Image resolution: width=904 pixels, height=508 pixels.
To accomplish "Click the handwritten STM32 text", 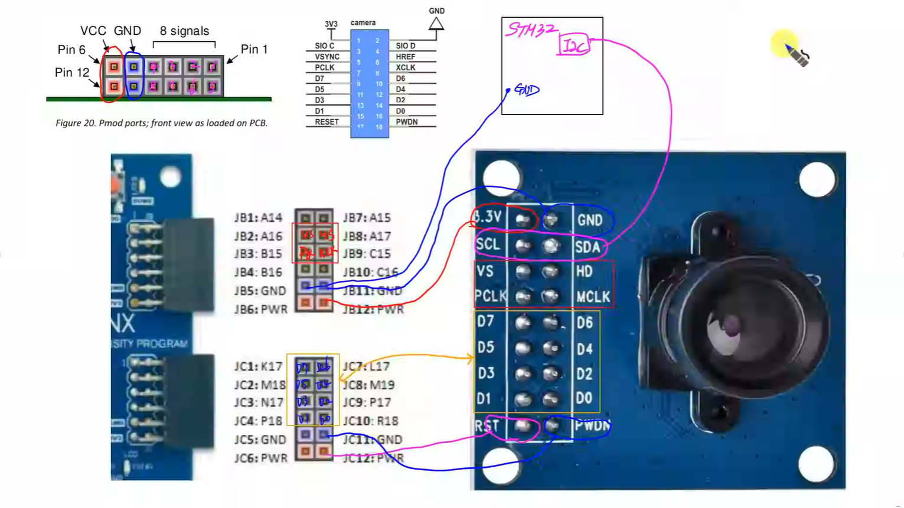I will click(531, 29).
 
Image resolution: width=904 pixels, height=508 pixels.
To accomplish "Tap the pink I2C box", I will click(574, 45).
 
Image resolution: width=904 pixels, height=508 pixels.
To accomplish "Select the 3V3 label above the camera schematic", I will click(331, 24).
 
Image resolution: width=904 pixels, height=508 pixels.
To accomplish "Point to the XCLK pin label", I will click(406, 67).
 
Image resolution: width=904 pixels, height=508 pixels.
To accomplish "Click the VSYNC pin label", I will click(327, 57).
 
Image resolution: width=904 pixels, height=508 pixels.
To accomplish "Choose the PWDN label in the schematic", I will click(407, 122).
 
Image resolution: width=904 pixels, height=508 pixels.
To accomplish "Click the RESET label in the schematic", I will click(327, 122).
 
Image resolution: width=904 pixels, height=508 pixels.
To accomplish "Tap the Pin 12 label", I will click(72, 73).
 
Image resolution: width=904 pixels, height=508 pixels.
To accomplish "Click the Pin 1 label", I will click(254, 50).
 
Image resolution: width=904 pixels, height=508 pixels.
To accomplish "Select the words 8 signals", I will click(184, 31).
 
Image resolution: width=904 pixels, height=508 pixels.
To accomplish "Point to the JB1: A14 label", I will click(258, 218).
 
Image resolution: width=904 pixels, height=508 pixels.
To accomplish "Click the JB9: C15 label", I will click(367, 254).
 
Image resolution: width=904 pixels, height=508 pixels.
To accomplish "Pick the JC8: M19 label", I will click(368, 385).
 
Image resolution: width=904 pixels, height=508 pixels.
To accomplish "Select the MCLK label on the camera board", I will click(593, 297).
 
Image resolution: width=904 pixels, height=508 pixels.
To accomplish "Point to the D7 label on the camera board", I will click(485, 322).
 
